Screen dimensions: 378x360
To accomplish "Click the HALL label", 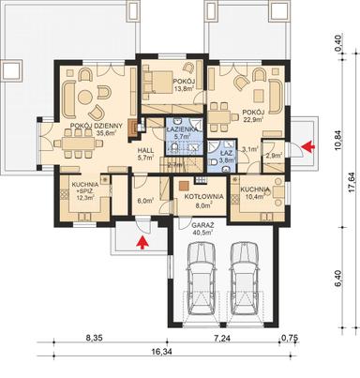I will point(145,149).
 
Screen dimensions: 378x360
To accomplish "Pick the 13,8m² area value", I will point(184,90).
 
